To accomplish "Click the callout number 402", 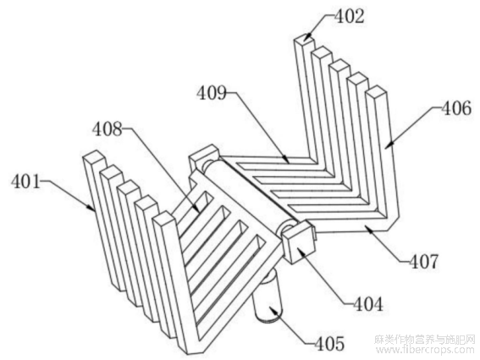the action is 349,16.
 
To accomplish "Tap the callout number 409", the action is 212,92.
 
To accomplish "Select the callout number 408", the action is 108,129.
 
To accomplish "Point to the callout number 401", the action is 26,181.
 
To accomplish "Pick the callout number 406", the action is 455,108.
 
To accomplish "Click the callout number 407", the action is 423,261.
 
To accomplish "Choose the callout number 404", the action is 368,304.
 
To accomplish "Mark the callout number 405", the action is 329,343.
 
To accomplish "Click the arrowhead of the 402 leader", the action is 307,37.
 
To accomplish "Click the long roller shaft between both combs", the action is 249,193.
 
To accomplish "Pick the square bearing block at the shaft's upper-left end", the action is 204,158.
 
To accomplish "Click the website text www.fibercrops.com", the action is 424,350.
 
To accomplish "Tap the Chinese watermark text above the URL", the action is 425,340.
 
